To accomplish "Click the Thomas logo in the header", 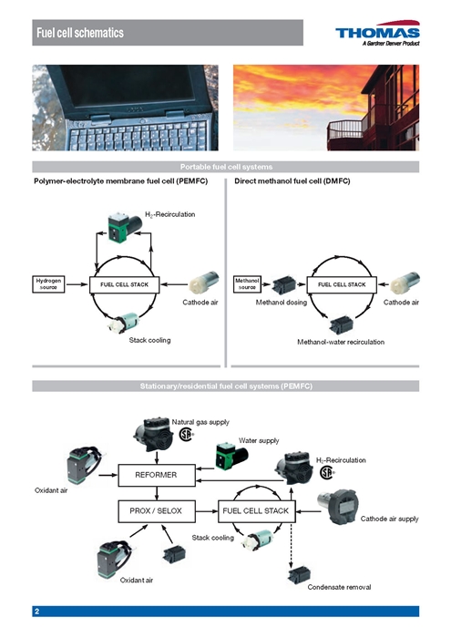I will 377,35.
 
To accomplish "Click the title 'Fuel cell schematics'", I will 79,34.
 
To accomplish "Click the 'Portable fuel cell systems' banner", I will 225,167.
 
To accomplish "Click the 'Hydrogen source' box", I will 49,284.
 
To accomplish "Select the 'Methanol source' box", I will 248,284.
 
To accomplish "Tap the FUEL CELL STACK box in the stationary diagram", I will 256,511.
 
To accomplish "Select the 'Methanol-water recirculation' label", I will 341,342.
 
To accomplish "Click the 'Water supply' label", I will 260,440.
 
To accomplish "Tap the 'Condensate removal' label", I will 339,587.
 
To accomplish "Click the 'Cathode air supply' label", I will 390,519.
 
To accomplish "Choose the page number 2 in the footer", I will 36,611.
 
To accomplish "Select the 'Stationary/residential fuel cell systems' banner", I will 225,386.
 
